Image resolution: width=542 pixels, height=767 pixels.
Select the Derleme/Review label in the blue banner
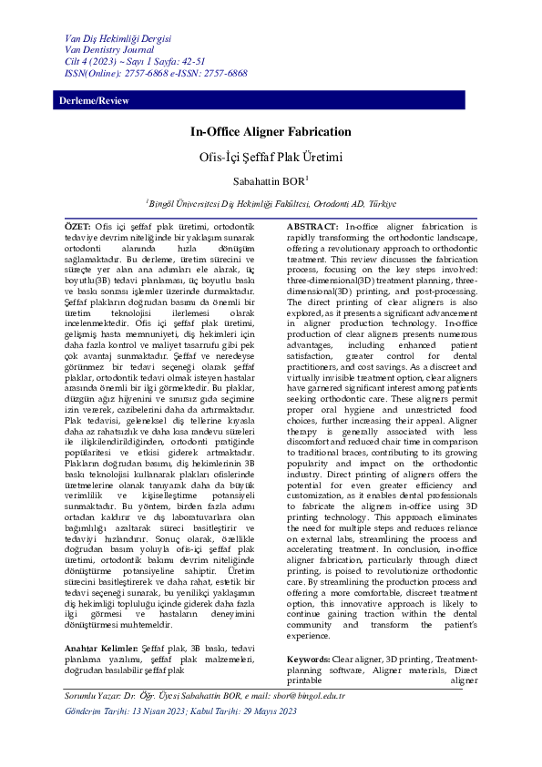(94, 100)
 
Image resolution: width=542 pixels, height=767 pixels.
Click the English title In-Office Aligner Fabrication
(271, 132)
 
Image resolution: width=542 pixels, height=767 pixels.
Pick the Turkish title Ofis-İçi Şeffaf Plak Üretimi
(271, 157)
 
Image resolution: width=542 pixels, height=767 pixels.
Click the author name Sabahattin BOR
(268, 182)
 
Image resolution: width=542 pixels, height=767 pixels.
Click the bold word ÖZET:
(77, 225)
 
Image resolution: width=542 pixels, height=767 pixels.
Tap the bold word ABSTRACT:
(314, 225)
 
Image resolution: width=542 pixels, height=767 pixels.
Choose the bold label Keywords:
(309, 632)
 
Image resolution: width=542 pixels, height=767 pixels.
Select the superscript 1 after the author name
(307, 179)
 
